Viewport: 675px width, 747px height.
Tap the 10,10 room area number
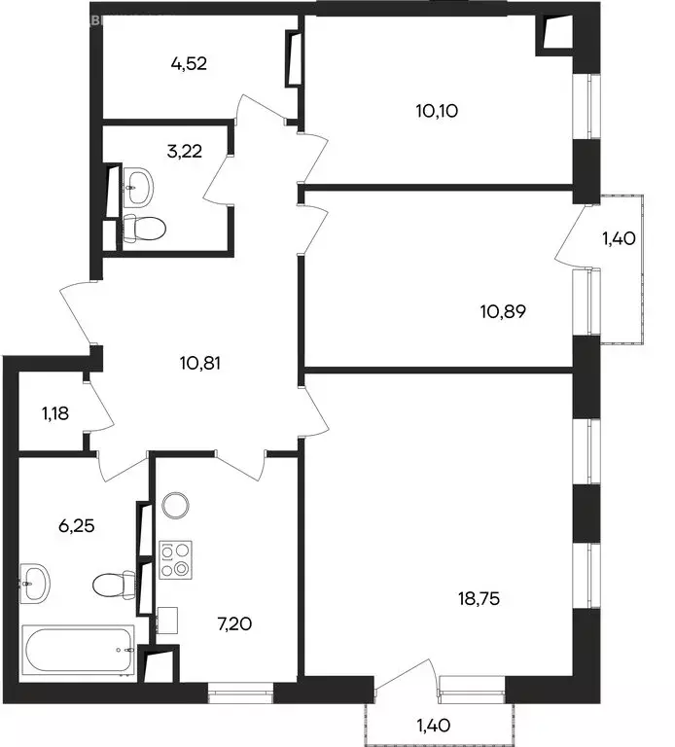coord(437,110)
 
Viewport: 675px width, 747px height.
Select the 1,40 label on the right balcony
coord(622,238)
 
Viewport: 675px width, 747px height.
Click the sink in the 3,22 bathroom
coord(139,183)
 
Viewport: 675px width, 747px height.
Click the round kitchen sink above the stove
coord(175,505)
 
